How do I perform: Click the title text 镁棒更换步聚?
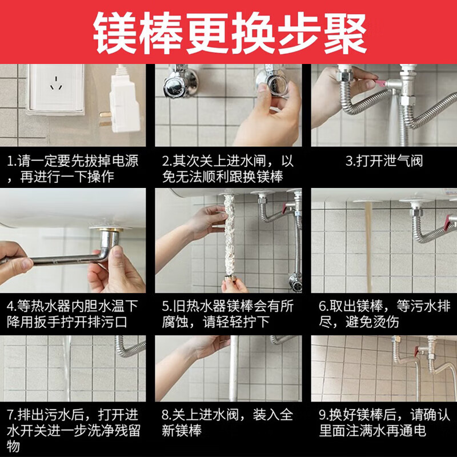(228, 32)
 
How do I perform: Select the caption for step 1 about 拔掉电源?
(73, 169)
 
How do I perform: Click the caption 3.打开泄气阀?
(384, 161)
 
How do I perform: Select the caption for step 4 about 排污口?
(73, 314)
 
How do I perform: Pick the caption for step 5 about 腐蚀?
(228, 314)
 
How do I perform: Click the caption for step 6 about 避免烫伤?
(383, 314)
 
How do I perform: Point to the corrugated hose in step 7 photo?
(129, 346)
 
